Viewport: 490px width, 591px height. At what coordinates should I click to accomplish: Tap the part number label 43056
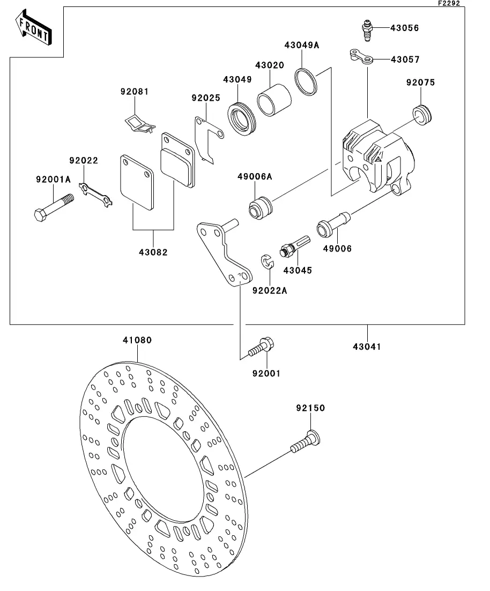pos(405,28)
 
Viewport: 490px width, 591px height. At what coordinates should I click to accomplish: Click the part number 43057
pos(405,59)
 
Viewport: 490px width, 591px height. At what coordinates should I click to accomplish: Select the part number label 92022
pos(84,161)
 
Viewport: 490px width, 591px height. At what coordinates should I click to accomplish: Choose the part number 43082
pos(153,252)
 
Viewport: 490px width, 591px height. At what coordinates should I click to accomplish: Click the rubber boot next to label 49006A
pos(261,207)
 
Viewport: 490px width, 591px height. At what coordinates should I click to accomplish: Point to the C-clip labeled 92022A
pos(268,261)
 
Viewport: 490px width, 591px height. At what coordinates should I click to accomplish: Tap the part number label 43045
pos(298,270)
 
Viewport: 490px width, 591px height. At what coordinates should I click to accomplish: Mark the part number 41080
pos(137,340)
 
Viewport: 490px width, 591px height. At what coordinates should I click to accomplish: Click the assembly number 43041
pos(367,346)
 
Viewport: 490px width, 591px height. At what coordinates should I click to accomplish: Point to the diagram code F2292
pos(449,3)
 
